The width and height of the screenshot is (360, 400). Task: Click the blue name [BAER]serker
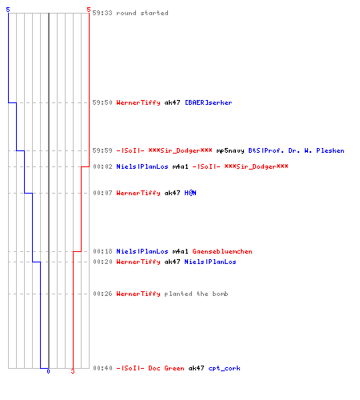[208, 102]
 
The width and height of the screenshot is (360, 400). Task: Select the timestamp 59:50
[102, 102]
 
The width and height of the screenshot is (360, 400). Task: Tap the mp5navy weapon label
[230, 151]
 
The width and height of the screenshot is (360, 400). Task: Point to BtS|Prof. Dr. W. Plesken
[296, 150]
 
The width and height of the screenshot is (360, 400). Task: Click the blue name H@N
[190, 193]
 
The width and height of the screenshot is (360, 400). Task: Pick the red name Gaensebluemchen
[222, 251]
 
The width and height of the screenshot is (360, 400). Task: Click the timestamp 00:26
[102, 294]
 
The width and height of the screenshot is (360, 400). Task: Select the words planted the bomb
[196, 294]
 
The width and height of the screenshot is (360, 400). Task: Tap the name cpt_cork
[224, 368]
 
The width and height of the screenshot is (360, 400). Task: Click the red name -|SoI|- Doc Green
[150, 368]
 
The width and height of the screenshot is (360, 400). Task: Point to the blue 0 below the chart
[48, 371]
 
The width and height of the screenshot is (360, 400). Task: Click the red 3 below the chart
[73, 371]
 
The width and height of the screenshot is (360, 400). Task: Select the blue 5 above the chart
[8, 10]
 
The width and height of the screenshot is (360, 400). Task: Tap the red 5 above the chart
[89, 10]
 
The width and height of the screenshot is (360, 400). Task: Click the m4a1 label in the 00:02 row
[180, 166]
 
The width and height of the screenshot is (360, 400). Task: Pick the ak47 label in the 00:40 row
[196, 368]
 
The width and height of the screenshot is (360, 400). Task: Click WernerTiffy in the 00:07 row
[138, 193]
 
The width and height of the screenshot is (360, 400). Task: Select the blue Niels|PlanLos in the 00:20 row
[210, 262]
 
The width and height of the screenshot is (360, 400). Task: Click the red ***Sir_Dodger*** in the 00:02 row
[256, 166]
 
